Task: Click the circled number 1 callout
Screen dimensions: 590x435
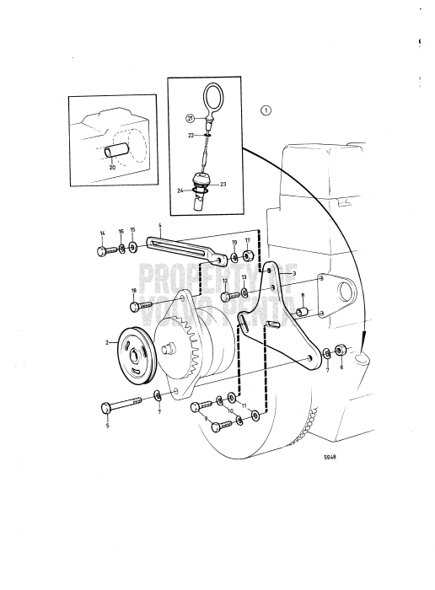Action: [266, 110]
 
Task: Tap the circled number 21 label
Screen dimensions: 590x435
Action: [191, 119]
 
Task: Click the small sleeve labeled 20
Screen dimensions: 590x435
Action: [117, 152]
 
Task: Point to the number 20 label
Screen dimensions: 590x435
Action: [113, 167]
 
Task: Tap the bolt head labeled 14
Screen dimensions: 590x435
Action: [102, 250]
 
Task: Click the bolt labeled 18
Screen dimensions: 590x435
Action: [142, 305]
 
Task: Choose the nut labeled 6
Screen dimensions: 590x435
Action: [341, 350]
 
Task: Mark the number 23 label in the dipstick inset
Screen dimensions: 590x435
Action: [224, 184]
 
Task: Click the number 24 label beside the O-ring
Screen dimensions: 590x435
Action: [180, 191]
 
